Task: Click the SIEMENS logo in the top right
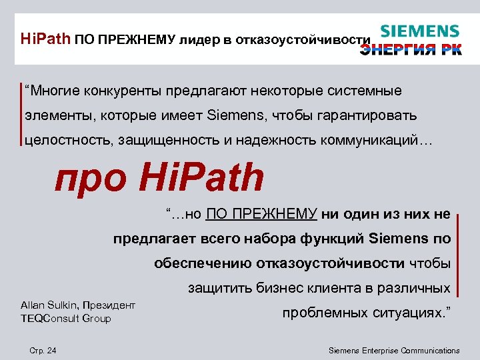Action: pos(419,32)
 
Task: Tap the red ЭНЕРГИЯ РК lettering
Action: pos(411,50)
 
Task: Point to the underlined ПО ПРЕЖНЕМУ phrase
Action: pos(261,214)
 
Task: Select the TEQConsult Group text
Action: pos(65,319)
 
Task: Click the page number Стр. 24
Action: pos(43,350)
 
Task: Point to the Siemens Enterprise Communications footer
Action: pos(395,350)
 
